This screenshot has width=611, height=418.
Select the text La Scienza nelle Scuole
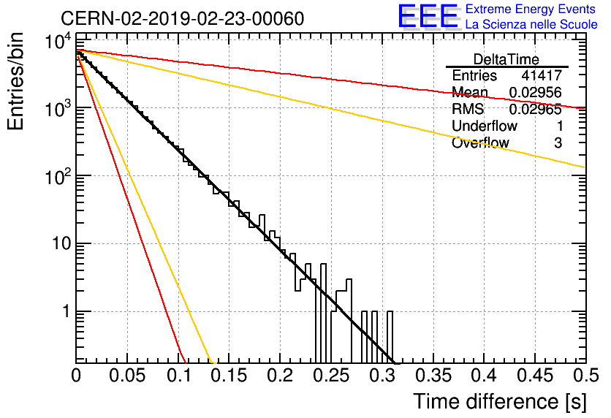tap(531, 24)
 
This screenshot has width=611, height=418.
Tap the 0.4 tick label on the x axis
tap(483, 376)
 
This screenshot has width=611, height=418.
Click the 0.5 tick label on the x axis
tap(585, 376)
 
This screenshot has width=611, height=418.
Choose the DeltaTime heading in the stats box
tap(506, 58)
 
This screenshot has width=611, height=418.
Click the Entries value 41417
tap(542, 76)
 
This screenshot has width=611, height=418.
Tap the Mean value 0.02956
tap(535, 93)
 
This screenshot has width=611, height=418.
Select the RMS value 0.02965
tap(535, 110)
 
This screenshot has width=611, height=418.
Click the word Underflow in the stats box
tap(485, 126)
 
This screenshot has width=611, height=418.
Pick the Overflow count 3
tap(558, 143)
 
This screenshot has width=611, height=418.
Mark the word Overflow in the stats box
tap(480, 143)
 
